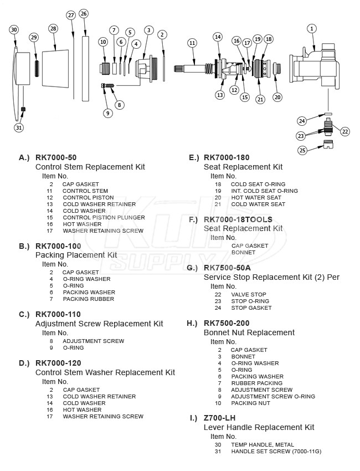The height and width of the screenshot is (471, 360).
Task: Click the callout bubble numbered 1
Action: pyautogui.click(x=312, y=28)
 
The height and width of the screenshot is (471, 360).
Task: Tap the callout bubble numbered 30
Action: pyautogui.click(x=14, y=29)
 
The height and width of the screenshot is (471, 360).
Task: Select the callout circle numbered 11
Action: pyautogui.click(x=192, y=43)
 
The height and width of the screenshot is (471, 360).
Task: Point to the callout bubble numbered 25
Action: pyautogui.click(x=302, y=150)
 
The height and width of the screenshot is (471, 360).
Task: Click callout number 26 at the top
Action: pyautogui.click(x=84, y=13)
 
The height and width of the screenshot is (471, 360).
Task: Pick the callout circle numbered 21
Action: pyautogui.click(x=260, y=99)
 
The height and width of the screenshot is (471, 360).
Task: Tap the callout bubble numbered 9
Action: pyautogui.click(x=107, y=112)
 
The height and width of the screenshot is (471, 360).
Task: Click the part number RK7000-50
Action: pyautogui.click(x=56, y=157)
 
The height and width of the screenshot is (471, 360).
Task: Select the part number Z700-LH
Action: pyautogui.click(x=219, y=418)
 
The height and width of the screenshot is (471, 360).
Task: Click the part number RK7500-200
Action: pyautogui.click(x=227, y=323)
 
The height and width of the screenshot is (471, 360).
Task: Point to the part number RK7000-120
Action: pyautogui.click(x=58, y=363)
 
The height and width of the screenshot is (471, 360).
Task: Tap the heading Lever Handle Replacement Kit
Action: pyautogui.click(x=259, y=427)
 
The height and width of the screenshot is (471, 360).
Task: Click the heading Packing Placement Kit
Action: pyautogui.click(x=76, y=255)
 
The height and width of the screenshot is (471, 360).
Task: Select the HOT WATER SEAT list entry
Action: pyautogui.click(x=256, y=197)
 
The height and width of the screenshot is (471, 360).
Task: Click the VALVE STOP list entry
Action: pyautogui.click(x=248, y=294)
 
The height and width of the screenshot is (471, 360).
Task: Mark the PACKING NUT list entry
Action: pyautogui.click(x=250, y=403)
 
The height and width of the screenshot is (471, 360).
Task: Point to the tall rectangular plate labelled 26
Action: pyautogui.click(x=85, y=69)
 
